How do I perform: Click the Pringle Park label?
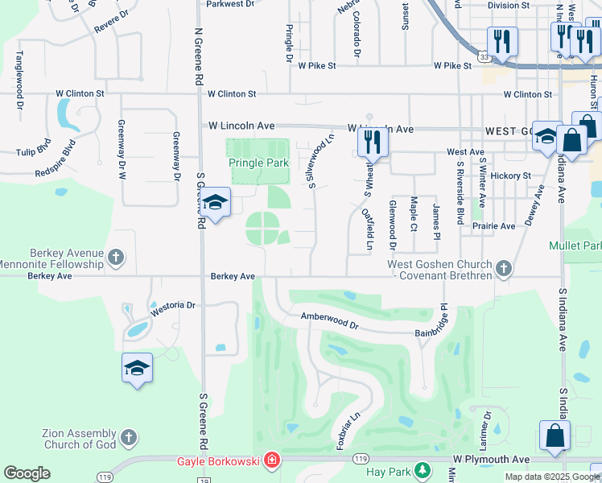258,163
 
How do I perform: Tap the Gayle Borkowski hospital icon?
273,461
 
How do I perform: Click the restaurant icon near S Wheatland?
373,142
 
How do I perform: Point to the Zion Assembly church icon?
128,438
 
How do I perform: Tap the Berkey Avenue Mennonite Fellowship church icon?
116,258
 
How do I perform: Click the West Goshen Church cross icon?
504,268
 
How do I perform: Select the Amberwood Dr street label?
328,320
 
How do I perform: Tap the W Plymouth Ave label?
491,459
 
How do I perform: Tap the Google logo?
27,473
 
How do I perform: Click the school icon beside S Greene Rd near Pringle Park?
215,203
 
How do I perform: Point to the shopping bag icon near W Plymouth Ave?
555,436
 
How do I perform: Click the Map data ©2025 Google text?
551,477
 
